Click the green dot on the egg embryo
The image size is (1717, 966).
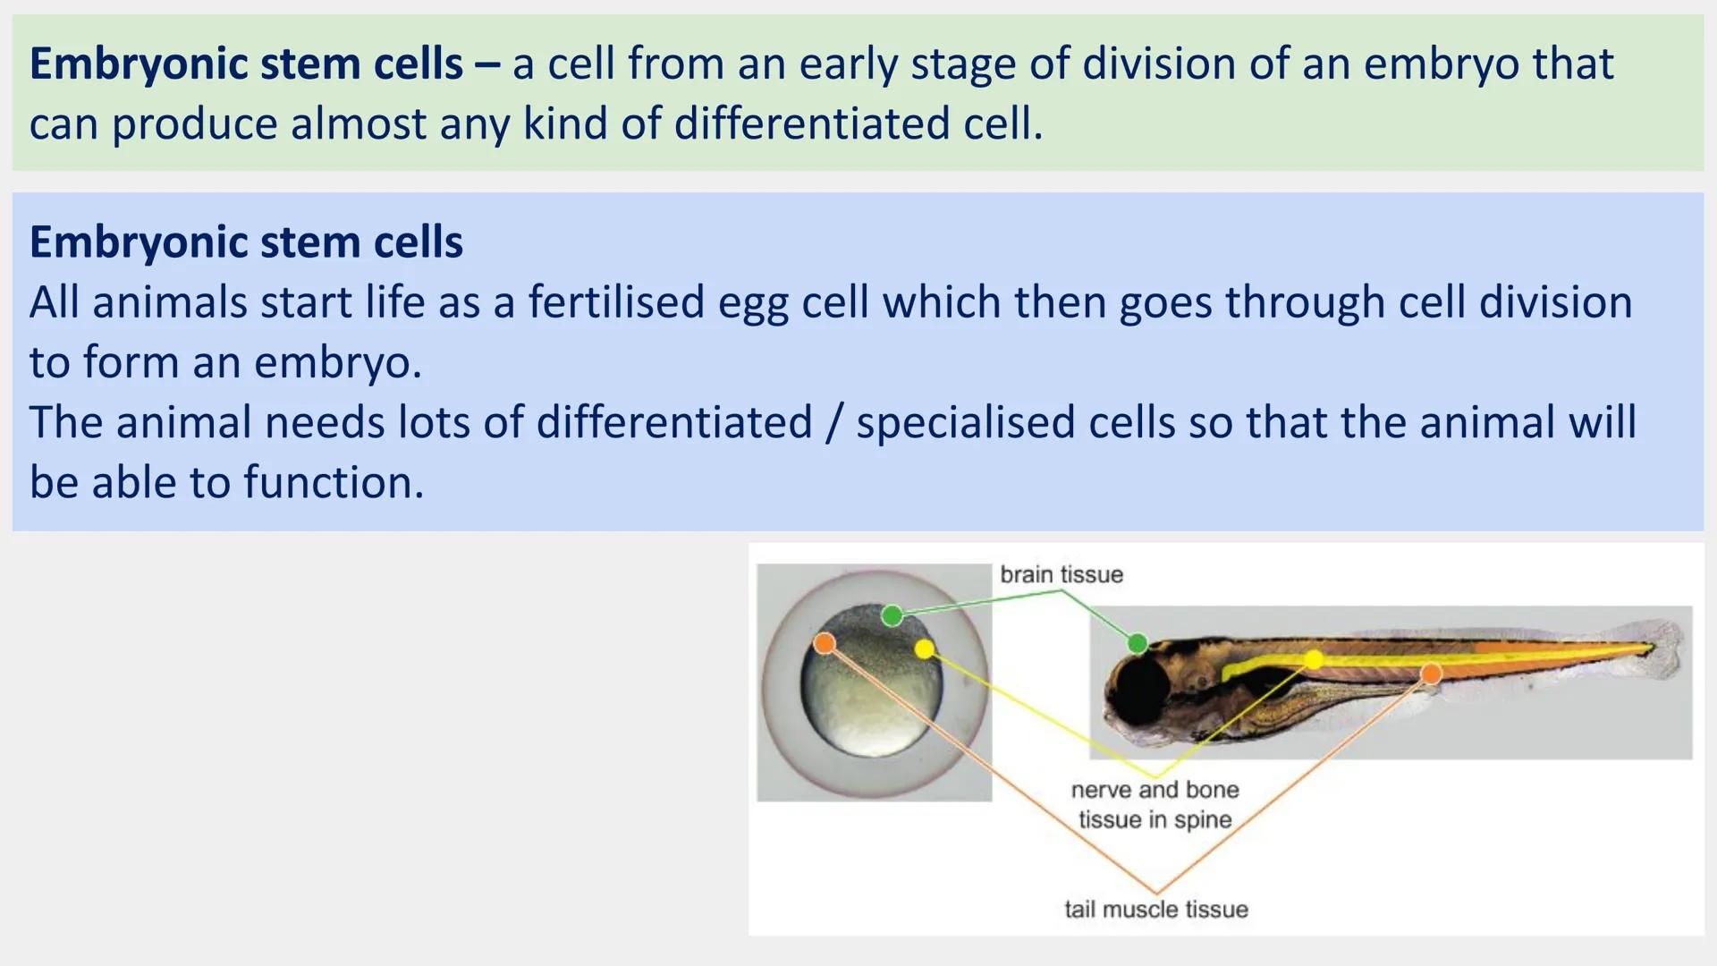pos(892,615)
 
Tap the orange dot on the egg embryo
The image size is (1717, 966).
pos(825,643)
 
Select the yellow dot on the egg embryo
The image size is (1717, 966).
pos(925,648)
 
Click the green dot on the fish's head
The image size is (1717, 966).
pos(1138,643)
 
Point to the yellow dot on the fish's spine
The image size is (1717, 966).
pos(1314,660)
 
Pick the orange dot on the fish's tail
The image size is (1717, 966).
pos(1431,674)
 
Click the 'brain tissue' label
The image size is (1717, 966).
pos(1061,574)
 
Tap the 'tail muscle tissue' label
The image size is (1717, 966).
pos(1155,909)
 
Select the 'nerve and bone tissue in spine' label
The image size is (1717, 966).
pos(1155,804)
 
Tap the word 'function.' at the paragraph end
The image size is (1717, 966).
pos(334,482)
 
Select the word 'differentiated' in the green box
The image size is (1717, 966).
pos(812,123)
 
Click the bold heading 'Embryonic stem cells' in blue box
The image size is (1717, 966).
pos(246,241)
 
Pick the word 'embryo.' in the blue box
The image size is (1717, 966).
pos(337,362)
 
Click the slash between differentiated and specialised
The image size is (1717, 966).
pos(833,422)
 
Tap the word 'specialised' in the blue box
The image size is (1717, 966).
pos(965,422)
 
